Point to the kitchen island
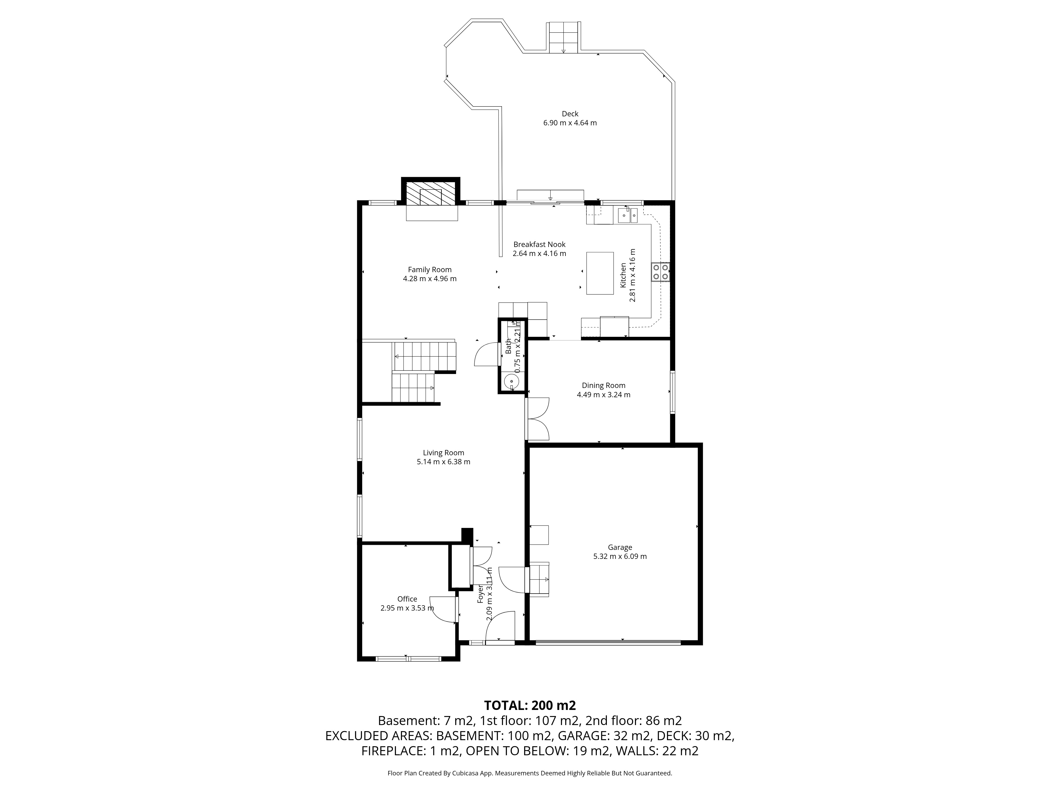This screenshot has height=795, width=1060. click(x=600, y=273)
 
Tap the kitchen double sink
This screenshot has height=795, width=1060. click(x=627, y=216)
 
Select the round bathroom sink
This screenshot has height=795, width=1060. click(x=512, y=382)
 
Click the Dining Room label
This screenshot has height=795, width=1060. click(x=603, y=385)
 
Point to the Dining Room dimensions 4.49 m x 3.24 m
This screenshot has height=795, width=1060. click(x=603, y=395)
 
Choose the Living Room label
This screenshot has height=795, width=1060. click(x=443, y=452)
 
